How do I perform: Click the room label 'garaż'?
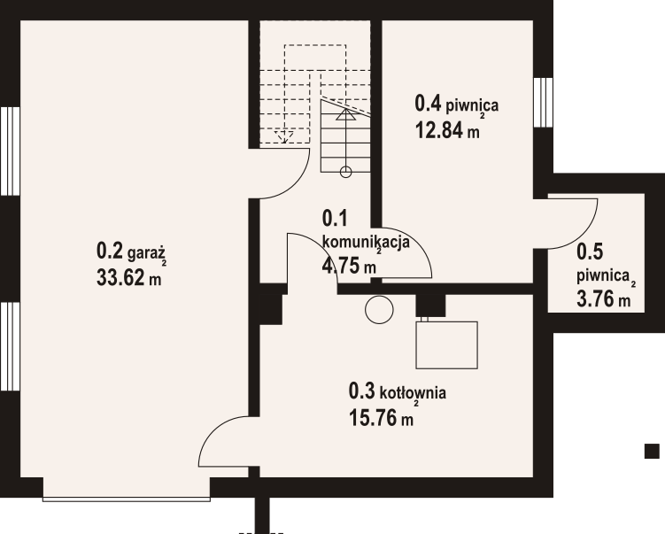click(x=146, y=253)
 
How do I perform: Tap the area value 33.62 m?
click(x=129, y=278)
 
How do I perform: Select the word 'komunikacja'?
click(x=366, y=242)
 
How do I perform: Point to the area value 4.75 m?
click(x=349, y=266)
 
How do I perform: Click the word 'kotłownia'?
click(x=413, y=393)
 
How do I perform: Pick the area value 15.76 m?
click(x=381, y=418)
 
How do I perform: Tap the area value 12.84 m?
click(x=447, y=130)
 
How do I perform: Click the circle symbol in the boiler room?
click(x=379, y=310)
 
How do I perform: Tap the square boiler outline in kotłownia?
click(x=446, y=344)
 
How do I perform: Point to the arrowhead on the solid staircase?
click(x=346, y=114)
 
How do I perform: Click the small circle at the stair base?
click(x=346, y=172)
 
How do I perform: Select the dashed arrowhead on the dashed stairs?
click(x=284, y=136)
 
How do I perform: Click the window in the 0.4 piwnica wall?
click(x=544, y=102)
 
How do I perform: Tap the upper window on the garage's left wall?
click(x=10, y=151)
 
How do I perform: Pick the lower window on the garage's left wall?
click(x=10, y=346)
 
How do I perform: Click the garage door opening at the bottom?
click(x=127, y=499)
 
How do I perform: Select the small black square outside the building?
click(x=652, y=451)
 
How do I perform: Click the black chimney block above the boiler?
click(x=430, y=306)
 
